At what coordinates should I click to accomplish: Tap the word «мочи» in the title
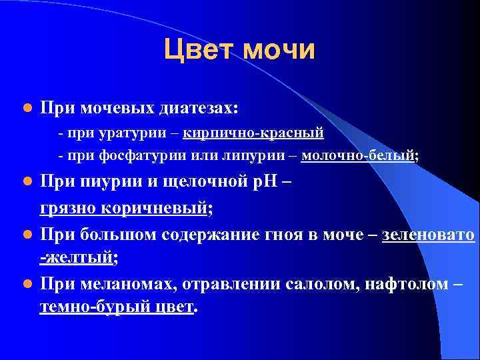(x=279, y=50)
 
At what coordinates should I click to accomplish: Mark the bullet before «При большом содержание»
(x=26, y=235)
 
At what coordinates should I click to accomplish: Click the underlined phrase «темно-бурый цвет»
(x=117, y=307)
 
